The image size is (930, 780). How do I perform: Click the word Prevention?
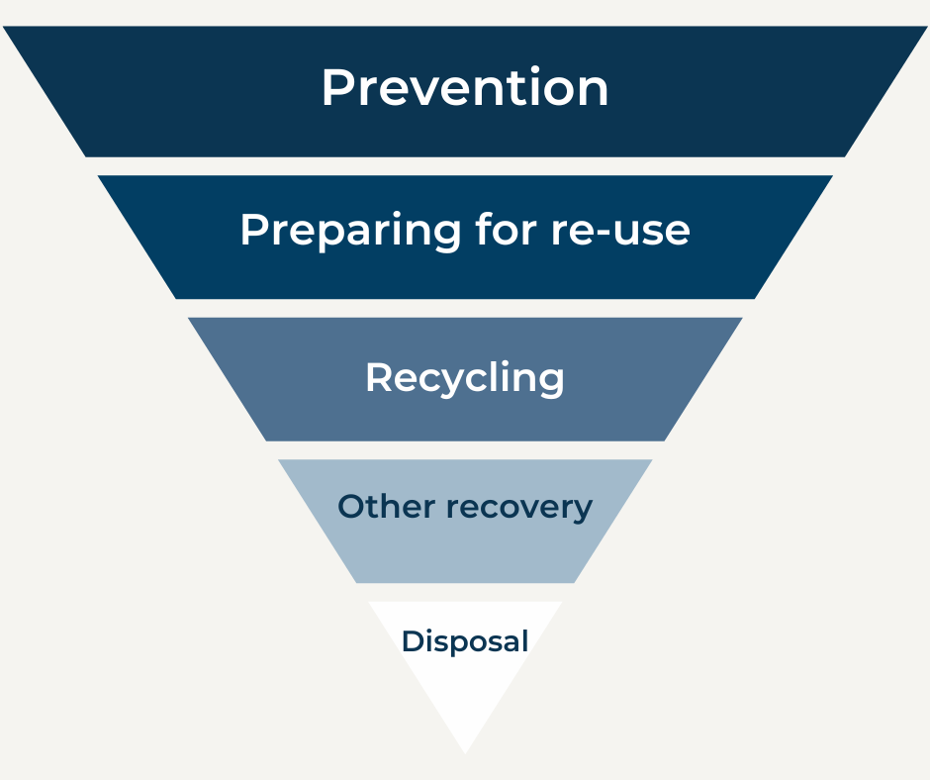(x=465, y=88)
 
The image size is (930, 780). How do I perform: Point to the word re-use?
(x=619, y=232)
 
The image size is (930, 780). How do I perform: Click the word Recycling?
(x=465, y=379)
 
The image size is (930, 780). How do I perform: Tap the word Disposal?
(x=465, y=641)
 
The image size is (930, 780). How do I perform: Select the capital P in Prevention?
(x=336, y=88)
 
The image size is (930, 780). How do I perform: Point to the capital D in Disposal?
(x=411, y=640)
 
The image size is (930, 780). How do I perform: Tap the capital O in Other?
(x=349, y=507)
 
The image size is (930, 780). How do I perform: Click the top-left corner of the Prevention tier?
(x=4, y=28)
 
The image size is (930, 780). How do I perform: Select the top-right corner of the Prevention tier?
(x=926, y=28)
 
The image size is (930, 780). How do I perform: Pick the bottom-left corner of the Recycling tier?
(x=266, y=439)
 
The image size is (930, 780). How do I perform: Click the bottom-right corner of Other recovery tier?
(x=574, y=582)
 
